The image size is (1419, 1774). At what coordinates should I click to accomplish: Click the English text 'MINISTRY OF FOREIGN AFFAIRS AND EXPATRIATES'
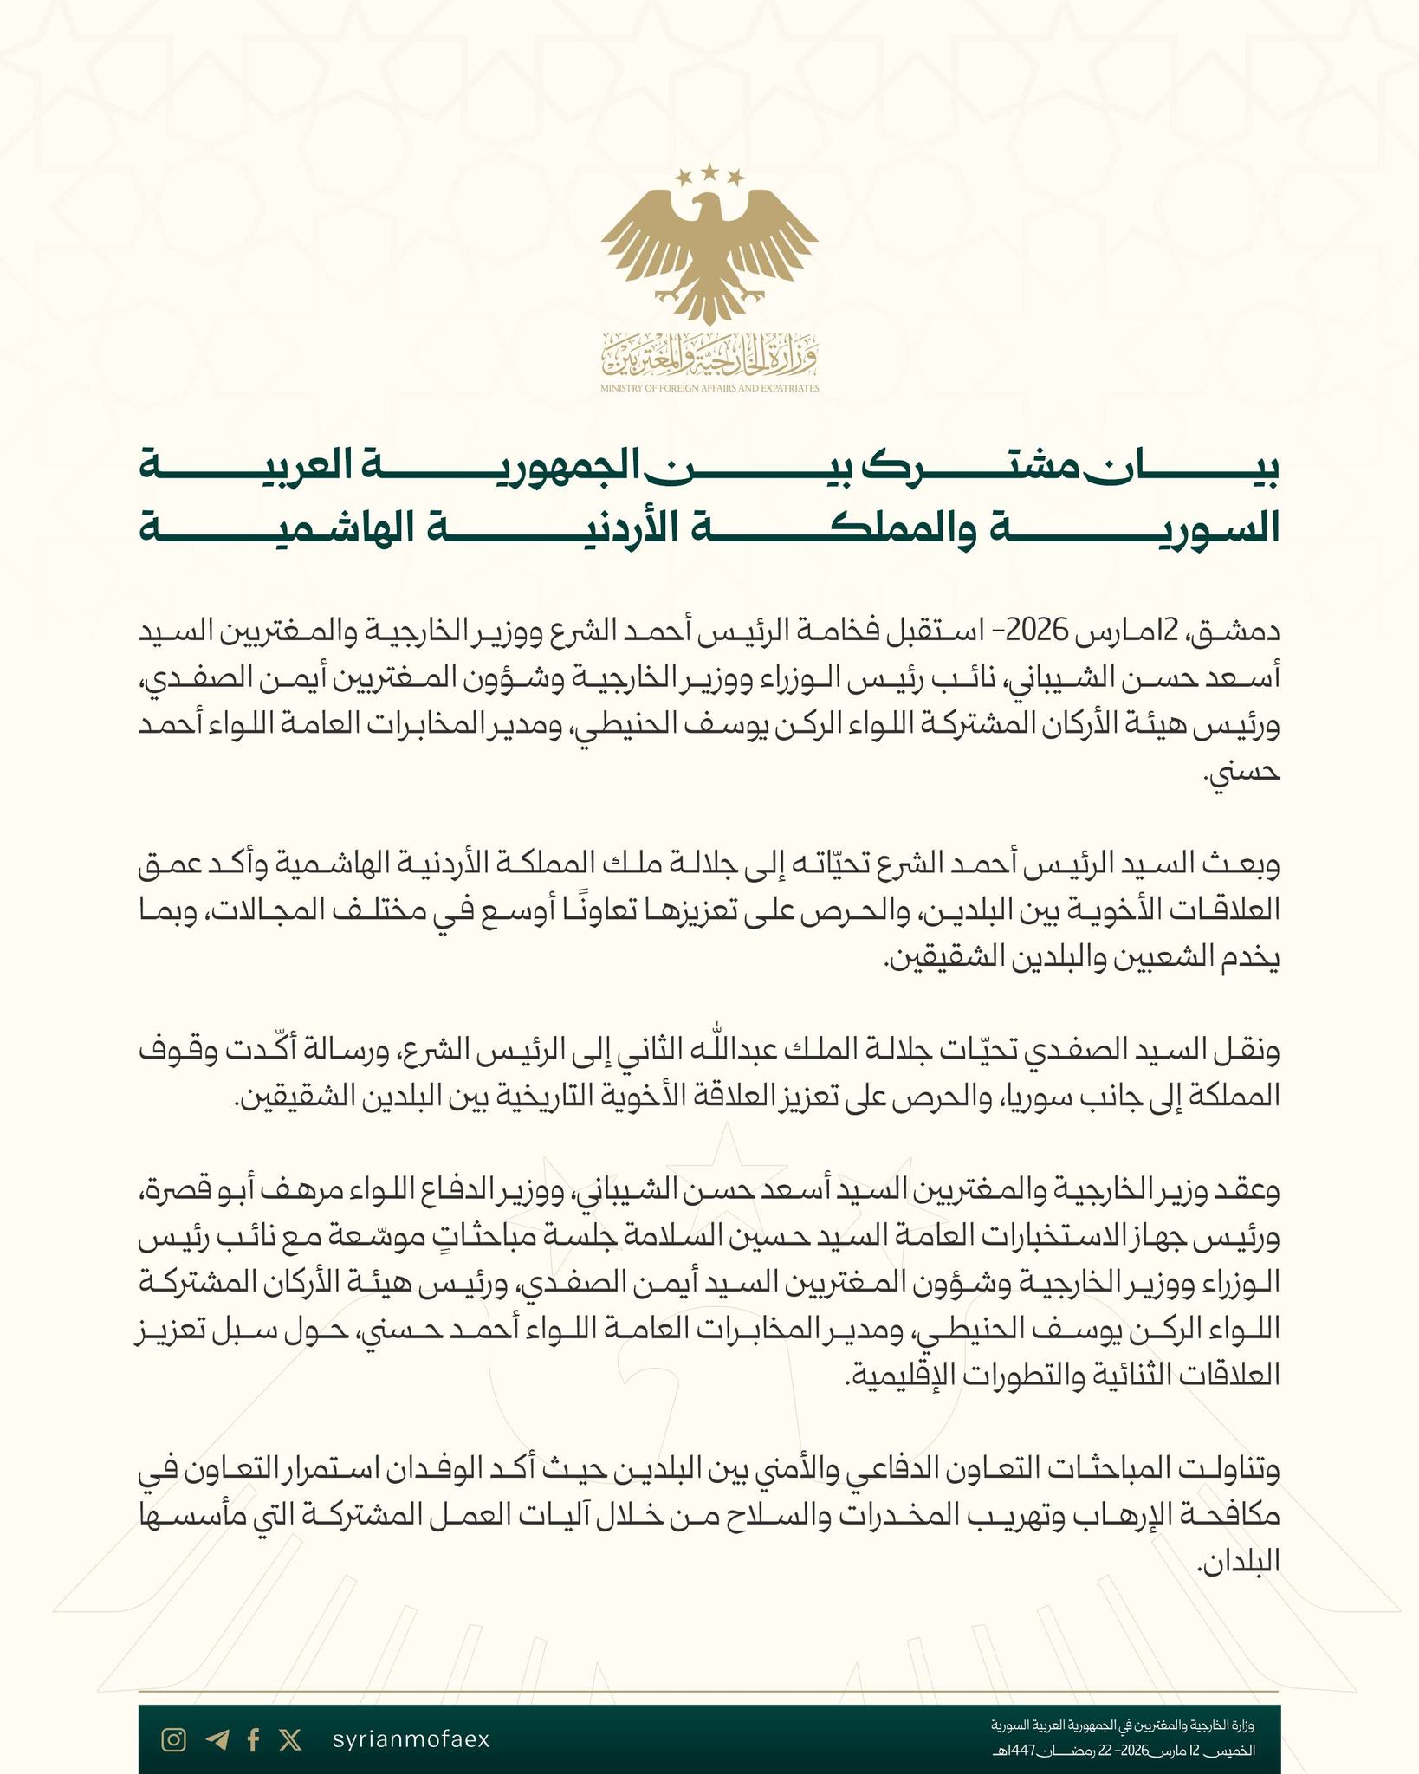[x=709, y=389]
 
